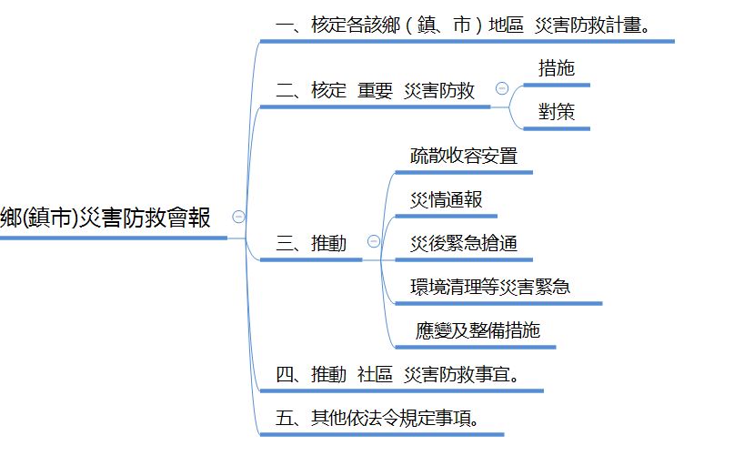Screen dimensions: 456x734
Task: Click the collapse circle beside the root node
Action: coord(238,217)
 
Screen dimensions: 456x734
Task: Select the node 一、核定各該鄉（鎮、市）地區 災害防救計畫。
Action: coord(463,25)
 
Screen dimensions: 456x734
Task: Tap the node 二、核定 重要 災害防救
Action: coord(375,91)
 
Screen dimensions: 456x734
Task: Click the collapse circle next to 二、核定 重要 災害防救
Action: coord(501,88)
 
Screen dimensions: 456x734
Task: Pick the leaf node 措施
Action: coord(556,68)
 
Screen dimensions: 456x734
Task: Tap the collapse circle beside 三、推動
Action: coord(372,241)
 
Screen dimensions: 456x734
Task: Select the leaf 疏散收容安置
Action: coord(463,155)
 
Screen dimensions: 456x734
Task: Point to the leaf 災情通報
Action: coord(446,200)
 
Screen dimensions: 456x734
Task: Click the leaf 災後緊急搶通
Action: coord(464,244)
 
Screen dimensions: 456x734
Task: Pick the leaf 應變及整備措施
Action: coord(476,330)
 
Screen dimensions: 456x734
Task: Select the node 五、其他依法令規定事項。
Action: coord(377,419)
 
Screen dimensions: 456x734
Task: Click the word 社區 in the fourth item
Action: coord(374,375)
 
